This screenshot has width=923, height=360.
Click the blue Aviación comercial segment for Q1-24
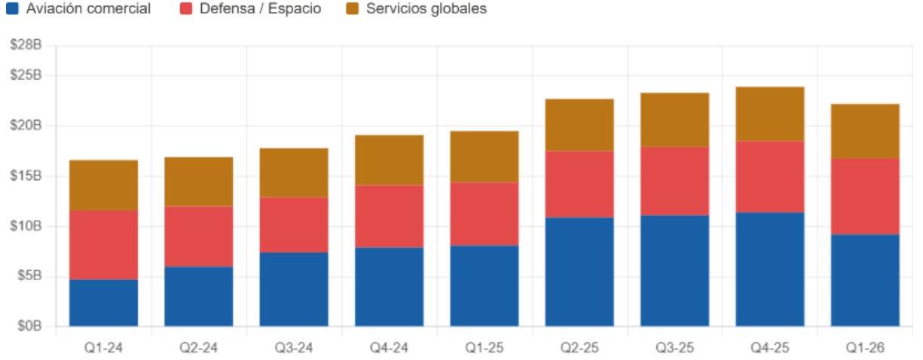point(103,303)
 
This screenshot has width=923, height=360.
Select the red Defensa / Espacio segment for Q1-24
point(103,245)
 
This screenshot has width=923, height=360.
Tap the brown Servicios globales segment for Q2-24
point(198,182)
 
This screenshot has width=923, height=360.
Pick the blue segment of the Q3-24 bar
point(294,289)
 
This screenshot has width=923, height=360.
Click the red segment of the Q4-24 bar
point(389,216)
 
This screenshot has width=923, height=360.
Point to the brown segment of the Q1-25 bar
point(484,157)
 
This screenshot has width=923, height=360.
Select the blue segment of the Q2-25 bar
point(579,272)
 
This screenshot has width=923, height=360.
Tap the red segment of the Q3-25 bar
point(675,181)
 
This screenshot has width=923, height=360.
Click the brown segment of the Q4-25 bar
point(770,114)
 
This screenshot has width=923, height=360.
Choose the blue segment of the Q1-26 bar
point(865,280)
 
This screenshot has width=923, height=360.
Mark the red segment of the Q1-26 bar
point(865,196)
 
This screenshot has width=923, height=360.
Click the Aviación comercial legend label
point(87,9)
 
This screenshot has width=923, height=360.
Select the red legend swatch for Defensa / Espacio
point(185,9)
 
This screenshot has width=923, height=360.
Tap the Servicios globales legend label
point(426,9)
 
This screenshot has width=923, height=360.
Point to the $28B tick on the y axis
point(26,45)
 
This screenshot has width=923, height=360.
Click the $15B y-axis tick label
point(26,176)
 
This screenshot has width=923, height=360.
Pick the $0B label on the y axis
point(29,327)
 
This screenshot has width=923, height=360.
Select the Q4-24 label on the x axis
point(389,348)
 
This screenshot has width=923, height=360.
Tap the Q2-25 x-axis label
point(579,348)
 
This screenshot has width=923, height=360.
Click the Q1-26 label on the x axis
point(865,348)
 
